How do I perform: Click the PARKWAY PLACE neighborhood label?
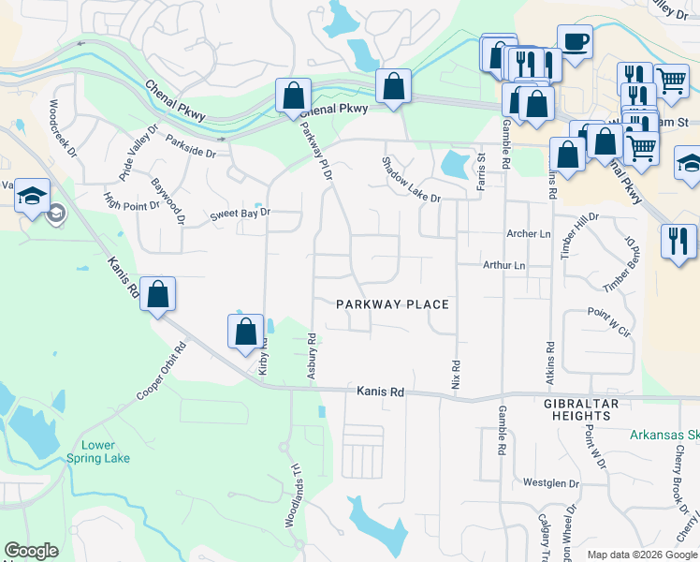[x=393, y=304]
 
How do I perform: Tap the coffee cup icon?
[x=575, y=42]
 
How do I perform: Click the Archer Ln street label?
[x=528, y=233]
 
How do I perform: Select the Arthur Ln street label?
[x=503, y=266]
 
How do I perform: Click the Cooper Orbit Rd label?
[x=162, y=371]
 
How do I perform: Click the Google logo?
[x=31, y=551]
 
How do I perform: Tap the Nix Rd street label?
[x=457, y=377]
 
